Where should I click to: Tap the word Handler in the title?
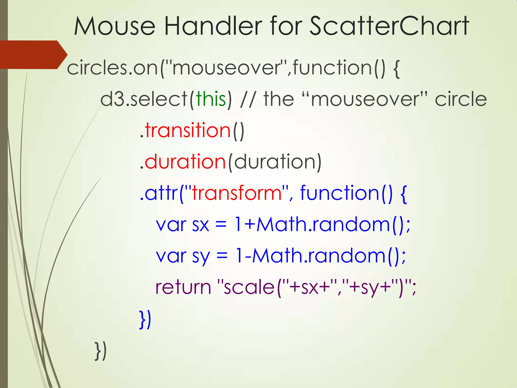pos(213,26)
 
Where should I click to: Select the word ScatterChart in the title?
pos(389,26)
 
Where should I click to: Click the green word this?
pos(211,99)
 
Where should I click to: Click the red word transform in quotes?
pos(237,193)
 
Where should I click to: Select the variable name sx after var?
pos(201,225)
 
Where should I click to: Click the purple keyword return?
pos(183,287)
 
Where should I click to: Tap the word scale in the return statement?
pos(249,287)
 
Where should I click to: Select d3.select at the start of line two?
pos(144,99)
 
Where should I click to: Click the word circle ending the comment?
pos(461,99)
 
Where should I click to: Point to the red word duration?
pos(185,162)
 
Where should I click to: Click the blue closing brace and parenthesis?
pos(145,320)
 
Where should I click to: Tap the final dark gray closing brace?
pos(100,351)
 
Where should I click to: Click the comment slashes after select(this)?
pos(248,99)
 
